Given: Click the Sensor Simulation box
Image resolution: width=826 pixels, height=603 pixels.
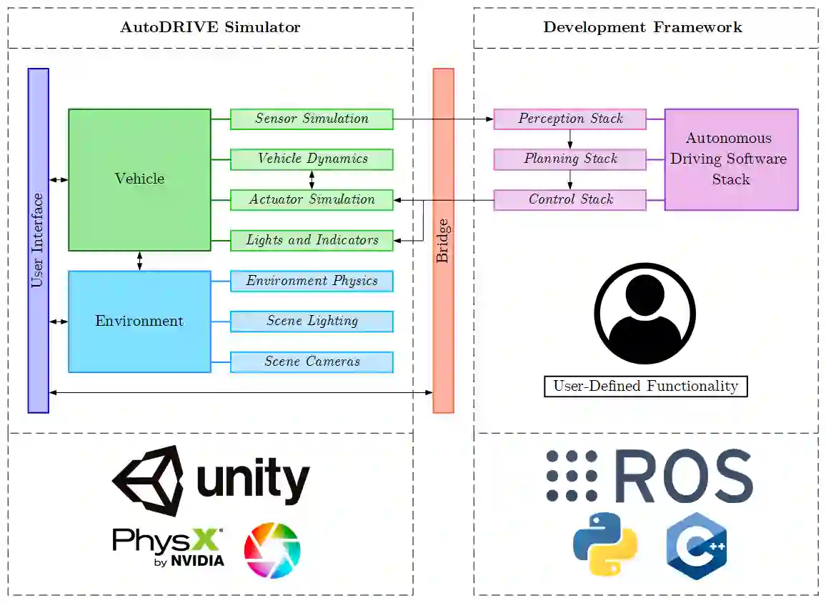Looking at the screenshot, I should coord(312,119).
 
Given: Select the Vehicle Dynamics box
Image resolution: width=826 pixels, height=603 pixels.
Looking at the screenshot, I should coord(312,159).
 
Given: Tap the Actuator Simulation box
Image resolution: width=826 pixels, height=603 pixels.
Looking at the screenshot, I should coord(312,200).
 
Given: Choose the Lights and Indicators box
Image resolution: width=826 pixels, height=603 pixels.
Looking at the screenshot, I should coord(312,241).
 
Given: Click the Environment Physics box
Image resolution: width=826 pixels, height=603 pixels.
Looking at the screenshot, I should coord(312,281).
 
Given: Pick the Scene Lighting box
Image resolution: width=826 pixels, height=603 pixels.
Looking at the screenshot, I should coord(312,322).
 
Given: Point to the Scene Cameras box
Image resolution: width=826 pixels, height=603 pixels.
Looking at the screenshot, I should coord(312,362).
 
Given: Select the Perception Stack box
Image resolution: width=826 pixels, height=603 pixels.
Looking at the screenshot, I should coord(569,119).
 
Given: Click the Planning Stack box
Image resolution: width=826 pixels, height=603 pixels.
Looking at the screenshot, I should coord(569,159).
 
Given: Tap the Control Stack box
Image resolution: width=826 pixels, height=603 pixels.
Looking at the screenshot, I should coord(569,200).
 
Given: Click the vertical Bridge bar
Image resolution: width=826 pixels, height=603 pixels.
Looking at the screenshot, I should coord(443,241).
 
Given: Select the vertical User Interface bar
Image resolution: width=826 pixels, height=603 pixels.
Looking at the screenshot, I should coord(38,241).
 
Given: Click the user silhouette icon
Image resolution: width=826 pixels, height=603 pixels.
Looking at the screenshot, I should coord(645,314).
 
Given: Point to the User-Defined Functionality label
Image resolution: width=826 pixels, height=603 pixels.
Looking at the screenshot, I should coord(645,387).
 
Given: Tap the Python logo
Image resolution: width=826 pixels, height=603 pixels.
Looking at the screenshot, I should coord(604,544).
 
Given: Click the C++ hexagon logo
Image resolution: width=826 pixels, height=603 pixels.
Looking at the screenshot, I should coord(696,545).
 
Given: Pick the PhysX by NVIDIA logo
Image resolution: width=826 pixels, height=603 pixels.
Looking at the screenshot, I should coord(168,547).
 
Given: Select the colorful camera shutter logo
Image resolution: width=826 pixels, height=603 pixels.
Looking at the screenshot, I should coord(272,550).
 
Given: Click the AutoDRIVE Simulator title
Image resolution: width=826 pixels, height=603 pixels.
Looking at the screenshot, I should coord(210,28).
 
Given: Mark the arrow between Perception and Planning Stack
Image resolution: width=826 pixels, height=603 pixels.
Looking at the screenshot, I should coord(569,139).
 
